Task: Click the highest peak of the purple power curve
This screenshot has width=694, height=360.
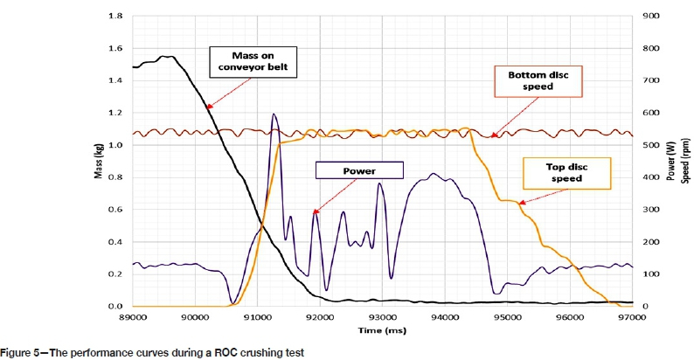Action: pos(274,114)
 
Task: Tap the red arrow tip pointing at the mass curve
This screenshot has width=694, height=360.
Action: pos(207,107)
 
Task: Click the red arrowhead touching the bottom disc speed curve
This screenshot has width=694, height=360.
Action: pos(492,136)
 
